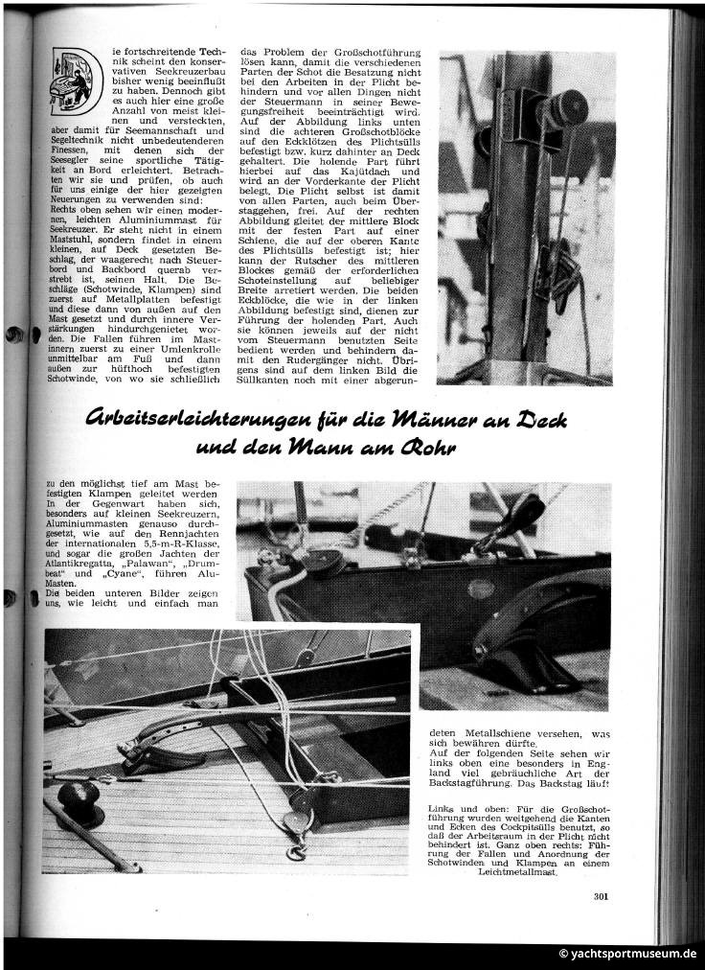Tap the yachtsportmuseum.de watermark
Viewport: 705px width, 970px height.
click(x=627, y=954)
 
